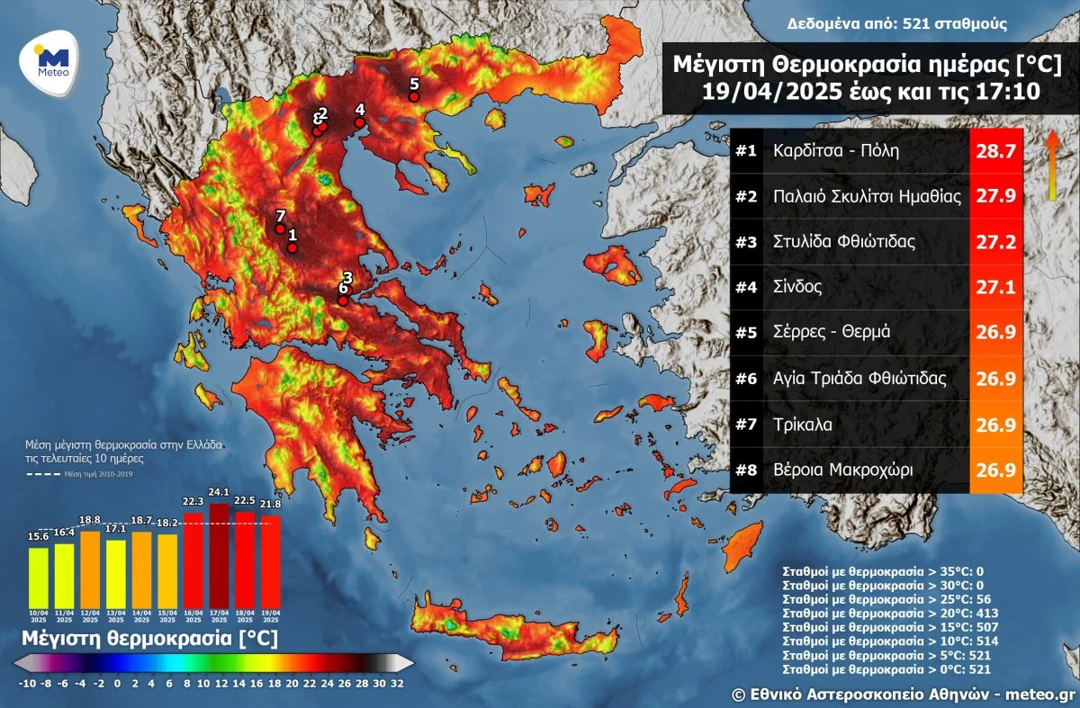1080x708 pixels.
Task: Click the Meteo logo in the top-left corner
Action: click(x=50, y=61)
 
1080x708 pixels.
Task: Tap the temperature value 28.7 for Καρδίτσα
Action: click(x=996, y=151)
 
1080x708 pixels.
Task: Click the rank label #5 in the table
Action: click(x=746, y=332)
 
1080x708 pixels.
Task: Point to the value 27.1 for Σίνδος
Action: click(x=996, y=287)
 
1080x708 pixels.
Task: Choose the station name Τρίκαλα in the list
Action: click(x=804, y=423)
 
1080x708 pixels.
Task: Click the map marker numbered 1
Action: click(x=292, y=247)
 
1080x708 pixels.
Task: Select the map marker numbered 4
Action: click(x=359, y=122)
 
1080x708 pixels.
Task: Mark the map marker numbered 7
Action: click(x=280, y=229)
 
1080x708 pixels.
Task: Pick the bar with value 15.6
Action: click(x=39, y=576)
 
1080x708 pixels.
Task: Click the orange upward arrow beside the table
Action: click(x=1050, y=166)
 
